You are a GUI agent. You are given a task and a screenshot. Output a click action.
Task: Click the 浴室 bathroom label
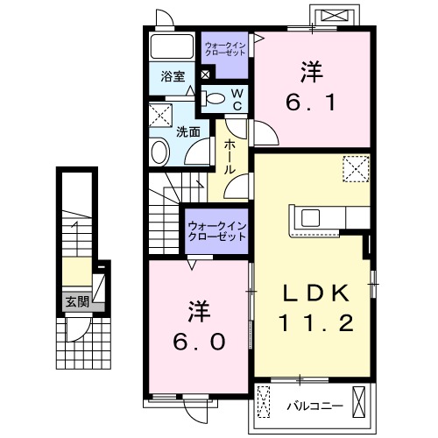pyautogui.click(x=173, y=76)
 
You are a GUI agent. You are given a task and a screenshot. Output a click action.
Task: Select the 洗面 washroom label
pyautogui.click(x=187, y=131)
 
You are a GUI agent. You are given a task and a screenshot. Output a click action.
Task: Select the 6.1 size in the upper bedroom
pyautogui.click(x=311, y=102)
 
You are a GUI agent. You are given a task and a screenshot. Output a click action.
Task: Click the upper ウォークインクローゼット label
pyautogui.click(x=225, y=48)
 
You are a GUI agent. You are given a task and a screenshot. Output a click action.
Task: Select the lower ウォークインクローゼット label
pyautogui.click(x=215, y=232)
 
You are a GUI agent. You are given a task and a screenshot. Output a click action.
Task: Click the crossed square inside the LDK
pyautogui.click(x=355, y=166)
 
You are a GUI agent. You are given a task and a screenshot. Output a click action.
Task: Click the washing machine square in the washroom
pyautogui.click(x=160, y=115)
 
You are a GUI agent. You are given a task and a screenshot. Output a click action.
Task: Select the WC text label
pyautogui.click(x=236, y=98)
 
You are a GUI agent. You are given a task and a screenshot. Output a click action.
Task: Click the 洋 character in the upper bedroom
pyautogui.click(x=311, y=67)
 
